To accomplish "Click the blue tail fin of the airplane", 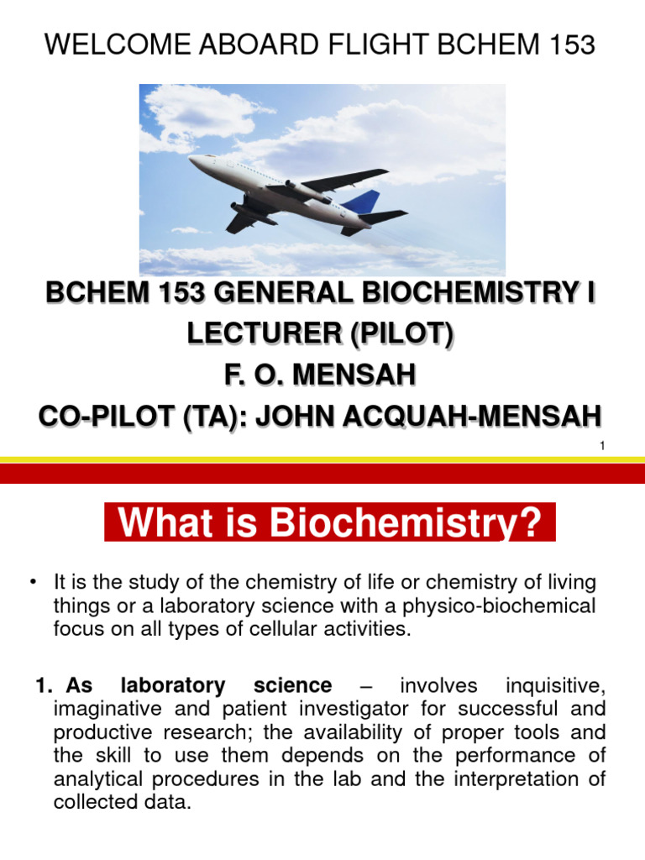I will pyautogui.click(x=364, y=202).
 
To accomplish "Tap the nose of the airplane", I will pyautogui.click(x=191, y=159).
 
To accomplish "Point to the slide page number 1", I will pyautogui.click(x=602, y=447).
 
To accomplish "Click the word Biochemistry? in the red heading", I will pyautogui.click(x=408, y=525).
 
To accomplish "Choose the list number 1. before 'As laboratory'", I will pyautogui.click(x=45, y=686).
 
